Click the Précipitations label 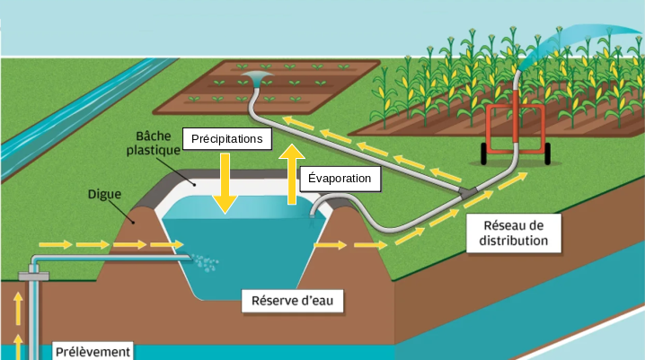pos(226,139)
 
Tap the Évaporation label pos(339,178)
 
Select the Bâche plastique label pos(153,144)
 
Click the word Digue pos(105,193)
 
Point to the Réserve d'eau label pos(293,301)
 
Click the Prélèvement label pos(93,351)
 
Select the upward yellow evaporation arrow pos(292,174)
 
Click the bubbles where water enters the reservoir pos(205,261)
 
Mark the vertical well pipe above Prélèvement pos(36,310)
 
